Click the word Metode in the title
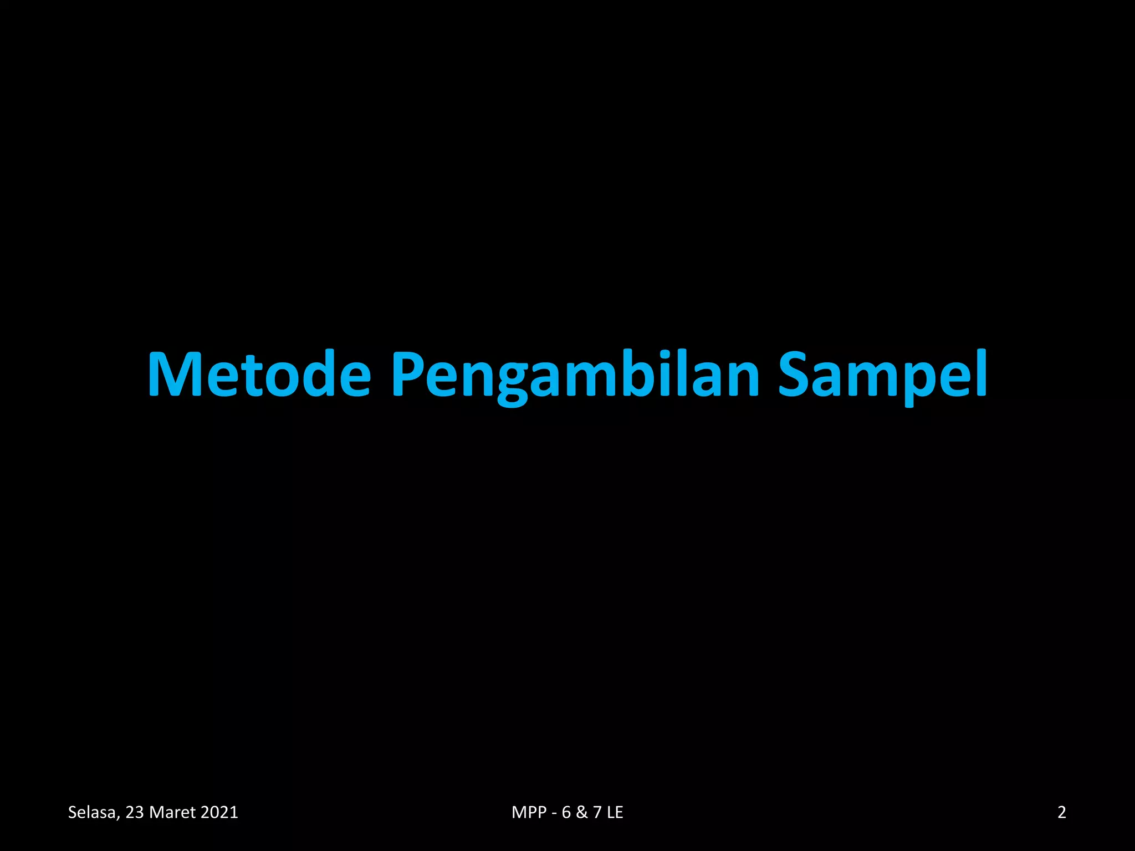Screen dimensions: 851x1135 point(259,374)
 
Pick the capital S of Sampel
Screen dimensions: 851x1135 point(797,374)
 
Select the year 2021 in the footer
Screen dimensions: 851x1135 point(219,812)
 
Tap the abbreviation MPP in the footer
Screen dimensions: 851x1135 point(529,812)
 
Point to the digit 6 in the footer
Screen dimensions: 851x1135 point(566,812)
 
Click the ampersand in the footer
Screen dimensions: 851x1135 point(582,812)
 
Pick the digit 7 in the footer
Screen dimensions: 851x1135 point(597,812)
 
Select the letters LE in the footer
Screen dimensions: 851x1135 point(615,812)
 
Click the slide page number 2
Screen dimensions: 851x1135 point(1062,812)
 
